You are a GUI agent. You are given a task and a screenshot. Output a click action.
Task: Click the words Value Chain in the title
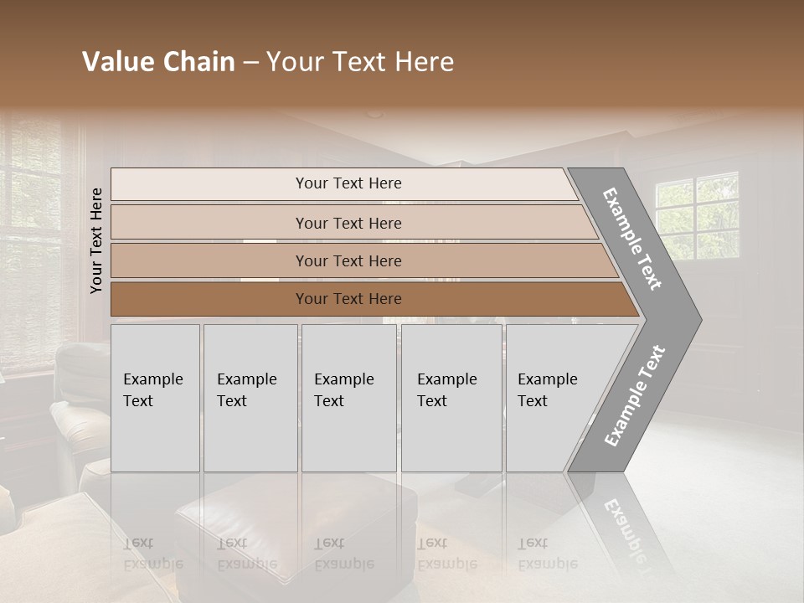point(158,62)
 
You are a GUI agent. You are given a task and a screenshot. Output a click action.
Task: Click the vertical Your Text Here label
point(96,240)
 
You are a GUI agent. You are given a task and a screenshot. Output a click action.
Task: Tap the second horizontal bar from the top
point(348,223)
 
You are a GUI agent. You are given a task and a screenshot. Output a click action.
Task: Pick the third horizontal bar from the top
point(348,260)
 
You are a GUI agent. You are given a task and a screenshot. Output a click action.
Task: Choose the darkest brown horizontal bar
point(348,299)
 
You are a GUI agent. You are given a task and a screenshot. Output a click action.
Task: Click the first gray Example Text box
point(155,398)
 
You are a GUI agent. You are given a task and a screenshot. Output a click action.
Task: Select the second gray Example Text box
point(250,398)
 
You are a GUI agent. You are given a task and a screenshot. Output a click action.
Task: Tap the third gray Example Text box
point(348,398)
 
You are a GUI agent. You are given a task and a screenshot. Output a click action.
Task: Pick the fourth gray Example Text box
point(451,398)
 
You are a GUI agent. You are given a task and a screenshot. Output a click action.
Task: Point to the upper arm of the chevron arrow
point(633,239)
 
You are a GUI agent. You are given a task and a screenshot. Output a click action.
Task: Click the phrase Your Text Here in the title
point(360,62)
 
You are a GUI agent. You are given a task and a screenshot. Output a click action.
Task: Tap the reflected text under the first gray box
point(152,554)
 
